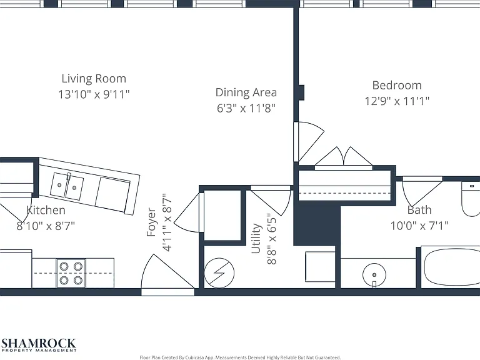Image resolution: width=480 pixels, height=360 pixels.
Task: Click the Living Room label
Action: coord(94,79)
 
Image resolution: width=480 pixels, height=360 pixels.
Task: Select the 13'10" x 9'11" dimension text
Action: coord(94,94)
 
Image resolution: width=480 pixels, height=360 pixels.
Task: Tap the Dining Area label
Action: coord(246,92)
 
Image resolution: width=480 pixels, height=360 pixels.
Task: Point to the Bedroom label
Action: coord(397,85)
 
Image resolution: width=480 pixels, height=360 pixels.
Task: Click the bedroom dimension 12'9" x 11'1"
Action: coord(397,101)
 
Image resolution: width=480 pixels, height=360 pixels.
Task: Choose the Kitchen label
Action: coord(46,210)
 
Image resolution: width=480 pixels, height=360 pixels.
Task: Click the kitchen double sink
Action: coord(67,186)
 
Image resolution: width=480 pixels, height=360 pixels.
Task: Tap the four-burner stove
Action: coord(71,273)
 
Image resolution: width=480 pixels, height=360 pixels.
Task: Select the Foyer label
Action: coord(151,222)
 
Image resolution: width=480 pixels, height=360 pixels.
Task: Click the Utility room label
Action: coord(256,239)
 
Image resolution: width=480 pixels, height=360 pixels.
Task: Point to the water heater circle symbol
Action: coord(219,272)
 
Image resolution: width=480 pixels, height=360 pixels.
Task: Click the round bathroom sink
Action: coord(374,274)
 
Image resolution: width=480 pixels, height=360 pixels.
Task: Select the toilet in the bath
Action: coord(471,199)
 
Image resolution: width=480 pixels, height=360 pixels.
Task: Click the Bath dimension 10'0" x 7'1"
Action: coord(419,226)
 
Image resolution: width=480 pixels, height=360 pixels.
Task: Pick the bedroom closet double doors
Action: coord(344,157)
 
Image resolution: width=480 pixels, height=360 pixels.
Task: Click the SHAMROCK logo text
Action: coord(39,343)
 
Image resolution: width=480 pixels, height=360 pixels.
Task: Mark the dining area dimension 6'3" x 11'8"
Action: coord(246,108)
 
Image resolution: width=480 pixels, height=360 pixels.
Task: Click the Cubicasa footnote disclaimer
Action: coord(240,357)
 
